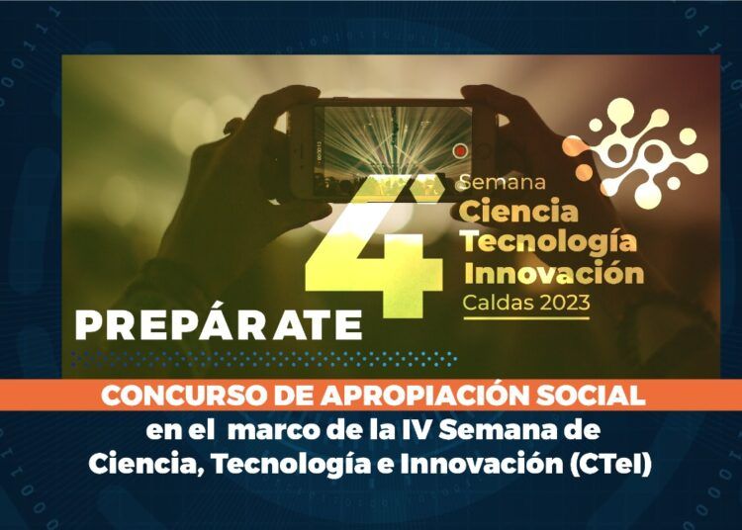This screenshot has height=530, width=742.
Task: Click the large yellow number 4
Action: coord(374,246)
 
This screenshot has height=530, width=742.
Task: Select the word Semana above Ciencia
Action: coord(503,182)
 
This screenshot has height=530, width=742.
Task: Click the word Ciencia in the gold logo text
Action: coord(518,211)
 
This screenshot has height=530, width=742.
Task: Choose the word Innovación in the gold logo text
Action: coord(554,272)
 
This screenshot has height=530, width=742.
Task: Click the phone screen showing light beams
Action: coord(393,150)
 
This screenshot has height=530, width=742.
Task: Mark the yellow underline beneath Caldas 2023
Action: coord(526,317)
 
